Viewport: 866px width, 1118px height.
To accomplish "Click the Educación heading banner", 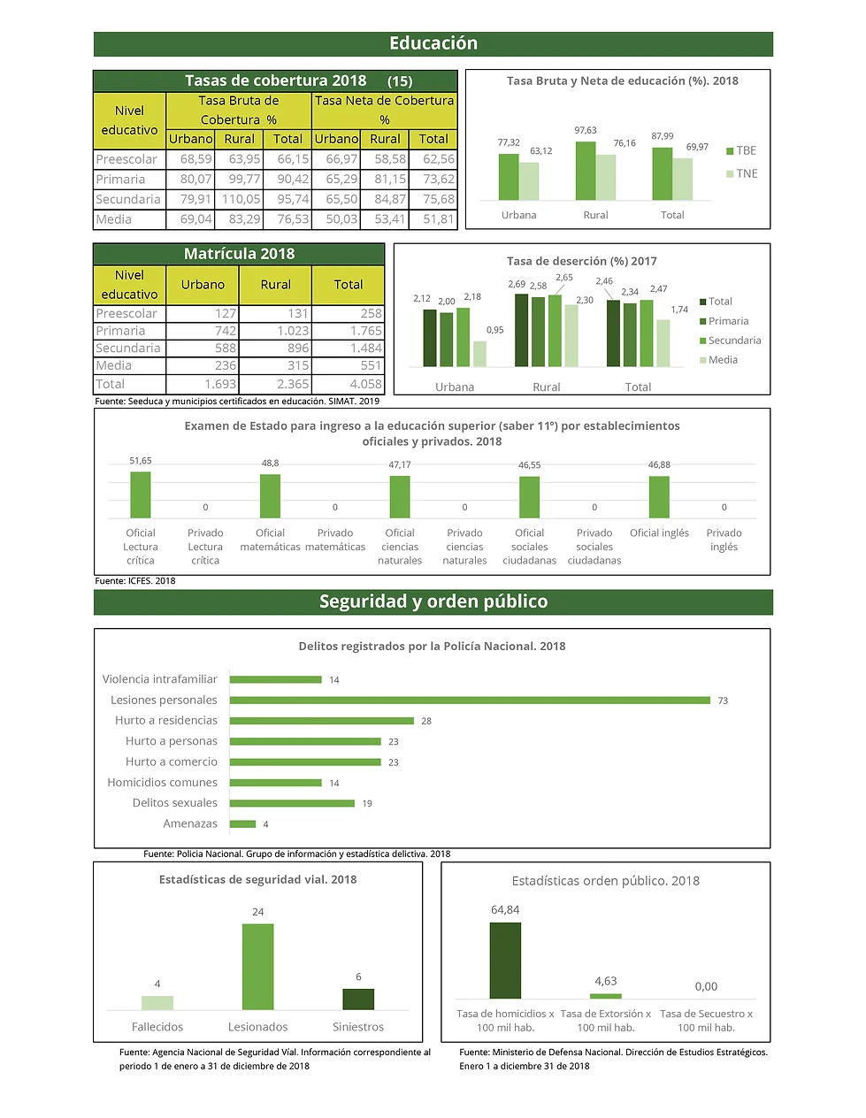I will pyautogui.click(x=433, y=43).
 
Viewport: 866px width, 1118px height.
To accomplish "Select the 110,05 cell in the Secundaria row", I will pyautogui.click(x=240, y=200).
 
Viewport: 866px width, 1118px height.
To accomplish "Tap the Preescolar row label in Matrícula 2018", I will pyautogui.click(x=126, y=314).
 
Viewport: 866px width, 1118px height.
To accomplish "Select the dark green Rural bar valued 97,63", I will pyautogui.click(x=585, y=171).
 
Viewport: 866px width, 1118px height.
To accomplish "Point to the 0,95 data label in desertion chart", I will pyautogui.click(x=494, y=330).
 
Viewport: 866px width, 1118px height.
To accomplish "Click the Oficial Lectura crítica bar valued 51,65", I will pyautogui.click(x=141, y=494).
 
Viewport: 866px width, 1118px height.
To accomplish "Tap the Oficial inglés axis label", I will pyautogui.click(x=659, y=533).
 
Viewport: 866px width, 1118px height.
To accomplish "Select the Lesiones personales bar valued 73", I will pyautogui.click(x=470, y=701).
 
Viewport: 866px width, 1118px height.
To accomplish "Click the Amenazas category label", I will pyautogui.click(x=190, y=823).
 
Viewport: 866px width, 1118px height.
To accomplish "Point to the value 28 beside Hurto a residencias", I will pyautogui.click(x=426, y=722).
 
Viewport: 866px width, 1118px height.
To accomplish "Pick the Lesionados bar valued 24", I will pyautogui.click(x=257, y=967).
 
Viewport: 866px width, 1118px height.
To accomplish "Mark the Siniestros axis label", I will pyautogui.click(x=358, y=1028).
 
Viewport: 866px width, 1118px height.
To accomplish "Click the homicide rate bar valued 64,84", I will pyautogui.click(x=505, y=961).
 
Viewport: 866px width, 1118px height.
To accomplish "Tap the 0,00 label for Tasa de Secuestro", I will pyautogui.click(x=706, y=987).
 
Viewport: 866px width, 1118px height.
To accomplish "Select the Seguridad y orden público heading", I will pyautogui.click(x=433, y=602).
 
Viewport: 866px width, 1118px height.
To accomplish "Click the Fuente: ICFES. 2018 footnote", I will pyautogui.click(x=135, y=581).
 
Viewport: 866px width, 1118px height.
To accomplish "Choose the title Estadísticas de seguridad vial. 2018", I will pyautogui.click(x=257, y=880).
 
